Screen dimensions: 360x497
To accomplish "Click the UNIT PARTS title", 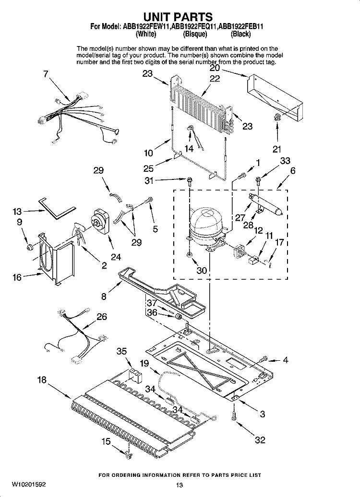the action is [x=178, y=16].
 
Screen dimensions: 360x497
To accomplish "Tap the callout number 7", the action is [x=46, y=74].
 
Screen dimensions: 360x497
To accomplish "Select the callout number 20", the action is [x=215, y=68].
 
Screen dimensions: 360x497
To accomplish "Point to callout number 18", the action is [x=42, y=380].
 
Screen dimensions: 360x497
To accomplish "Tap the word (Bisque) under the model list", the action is [x=195, y=34].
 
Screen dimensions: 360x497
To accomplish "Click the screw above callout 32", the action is [x=234, y=415].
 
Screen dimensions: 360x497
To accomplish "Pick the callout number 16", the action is [x=17, y=277].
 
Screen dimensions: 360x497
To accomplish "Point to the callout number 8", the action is [x=104, y=296].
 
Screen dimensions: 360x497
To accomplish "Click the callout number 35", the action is [x=121, y=351].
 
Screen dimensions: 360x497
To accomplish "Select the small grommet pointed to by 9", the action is [x=29, y=247].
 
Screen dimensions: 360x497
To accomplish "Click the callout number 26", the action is [x=101, y=317].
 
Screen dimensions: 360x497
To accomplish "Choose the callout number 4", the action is [x=286, y=360].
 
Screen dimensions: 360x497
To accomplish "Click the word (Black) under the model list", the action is [x=240, y=34].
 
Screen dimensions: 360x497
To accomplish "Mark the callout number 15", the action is [x=106, y=441].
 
